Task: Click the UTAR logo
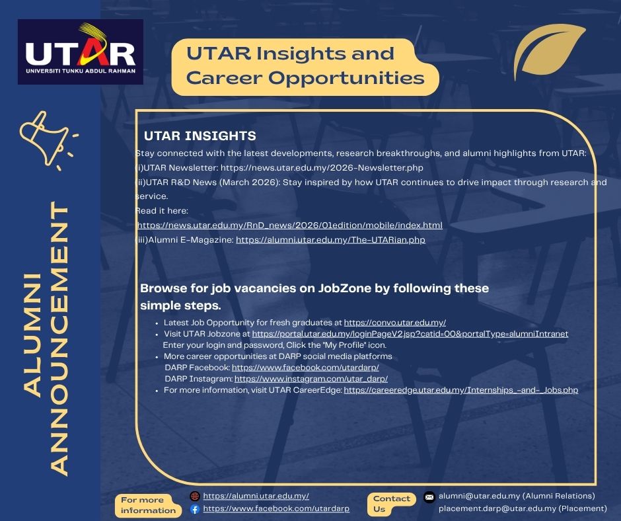click(x=81, y=52)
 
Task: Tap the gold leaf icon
click(x=548, y=54)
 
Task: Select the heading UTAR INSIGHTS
click(x=200, y=136)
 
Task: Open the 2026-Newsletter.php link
click(x=322, y=168)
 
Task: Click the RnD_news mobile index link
click(x=289, y=225)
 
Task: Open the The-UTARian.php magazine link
click(x=330, y=240)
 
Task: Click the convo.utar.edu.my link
click(x=395, y=323)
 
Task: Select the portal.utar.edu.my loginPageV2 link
click(x=410, y=334)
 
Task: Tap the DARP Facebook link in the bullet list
click(x=305, y=367)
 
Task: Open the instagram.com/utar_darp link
click(x=310, y=379)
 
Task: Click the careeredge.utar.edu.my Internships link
click(x=460, y=390)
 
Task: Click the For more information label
click(x=149, y=505)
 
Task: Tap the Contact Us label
click(x=392, y=503)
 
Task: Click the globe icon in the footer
click(x=194, y=496)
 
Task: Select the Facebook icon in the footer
click(x=194, y=509)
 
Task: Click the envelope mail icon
click(x=429, y=497)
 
